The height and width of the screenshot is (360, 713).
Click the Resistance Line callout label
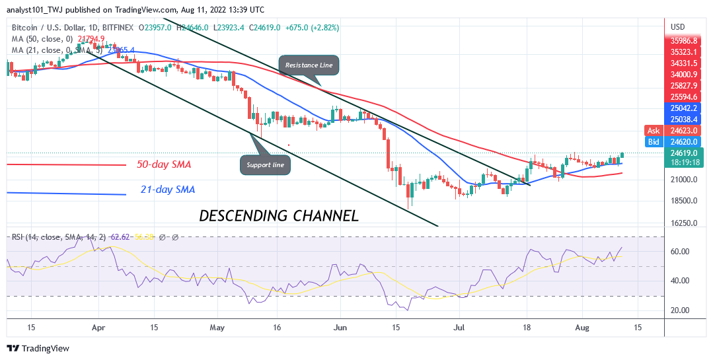pos(310,65)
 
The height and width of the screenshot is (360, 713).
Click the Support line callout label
pos(266,164)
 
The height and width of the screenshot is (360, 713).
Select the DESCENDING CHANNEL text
pos(279,215)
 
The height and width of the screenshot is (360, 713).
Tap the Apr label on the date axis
pos(98,327)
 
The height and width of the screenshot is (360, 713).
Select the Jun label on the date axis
pos(340,327)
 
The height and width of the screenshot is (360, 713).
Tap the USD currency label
pos(677,27)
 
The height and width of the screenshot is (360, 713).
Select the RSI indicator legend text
pos(63,236)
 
